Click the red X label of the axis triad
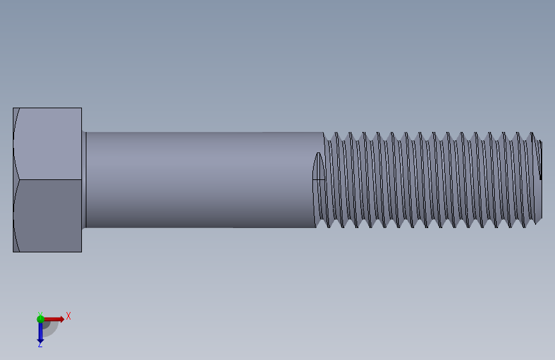68,316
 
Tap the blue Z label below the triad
40,344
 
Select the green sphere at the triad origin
40,318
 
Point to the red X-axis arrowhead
61,318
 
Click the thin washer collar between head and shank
84,179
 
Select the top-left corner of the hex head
13,108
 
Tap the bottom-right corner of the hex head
81,251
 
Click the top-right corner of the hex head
81,108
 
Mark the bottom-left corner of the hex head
13,251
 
